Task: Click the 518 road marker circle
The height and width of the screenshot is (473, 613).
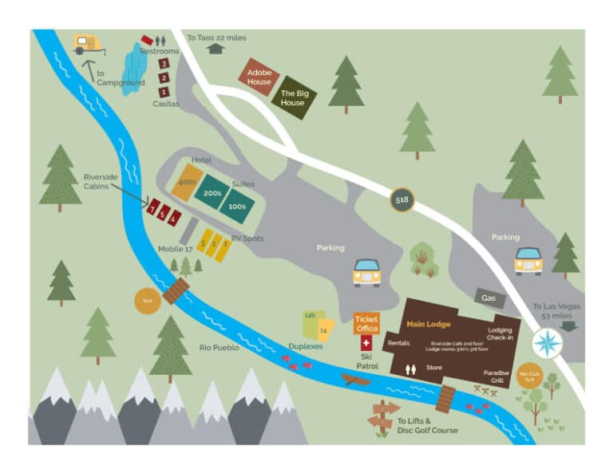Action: point(402,200)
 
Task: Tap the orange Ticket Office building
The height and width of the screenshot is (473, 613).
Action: point(366,323)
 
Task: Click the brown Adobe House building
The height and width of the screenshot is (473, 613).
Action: point(259,77)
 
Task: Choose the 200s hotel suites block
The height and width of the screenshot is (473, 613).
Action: point(212,193)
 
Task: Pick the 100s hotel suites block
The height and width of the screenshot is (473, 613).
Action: point(237,207)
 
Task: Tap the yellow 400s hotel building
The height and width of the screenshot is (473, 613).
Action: point(188,182)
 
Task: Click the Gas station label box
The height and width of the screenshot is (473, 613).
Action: point(488,298)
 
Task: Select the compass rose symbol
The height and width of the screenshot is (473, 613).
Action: point(548,344)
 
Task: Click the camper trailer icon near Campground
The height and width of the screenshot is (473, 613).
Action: point(88,44)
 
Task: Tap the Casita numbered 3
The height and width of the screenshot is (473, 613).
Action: point(164,63)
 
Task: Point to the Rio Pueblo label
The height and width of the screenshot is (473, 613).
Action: point(219,347)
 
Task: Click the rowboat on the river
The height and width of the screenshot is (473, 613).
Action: point(356,379)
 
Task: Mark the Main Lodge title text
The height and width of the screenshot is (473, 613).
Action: point(429,324)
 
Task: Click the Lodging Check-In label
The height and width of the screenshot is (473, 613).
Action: point(500,333)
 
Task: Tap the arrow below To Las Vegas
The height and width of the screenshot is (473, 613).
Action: point(569,325)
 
